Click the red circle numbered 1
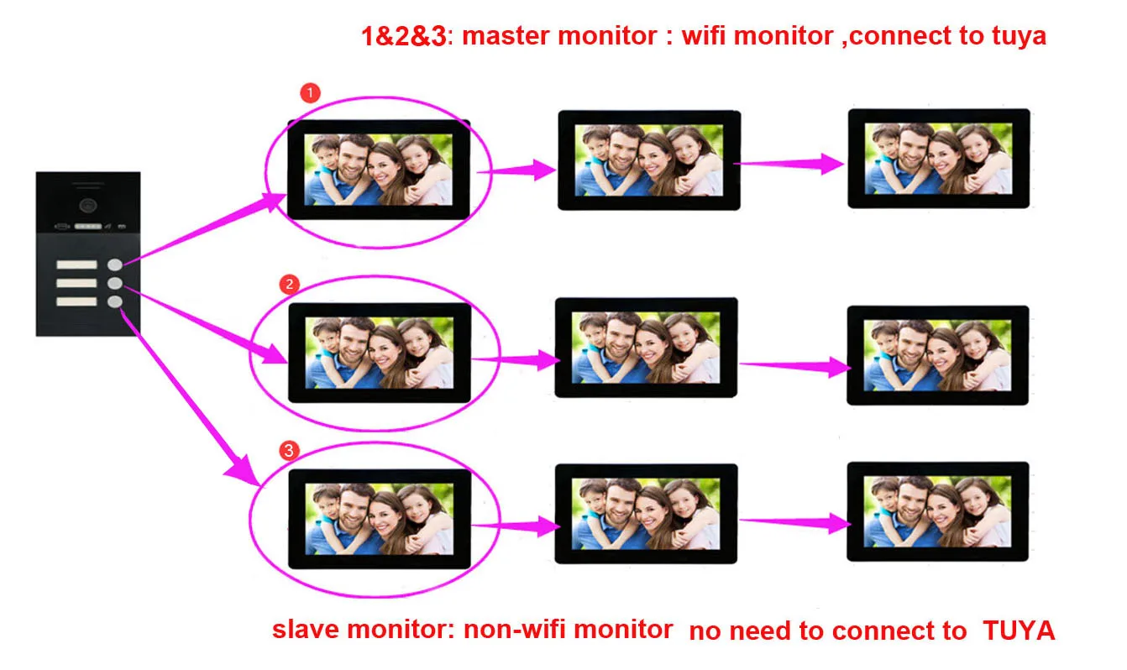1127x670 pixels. (x=310, y=93)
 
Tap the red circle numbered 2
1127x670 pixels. (x=289, y=285)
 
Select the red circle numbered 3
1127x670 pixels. (x=289, y=451)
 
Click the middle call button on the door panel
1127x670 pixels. (x=115, y=284)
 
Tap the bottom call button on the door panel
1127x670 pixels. (x=115, y=302)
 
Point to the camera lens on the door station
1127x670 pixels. (x=87, y=203)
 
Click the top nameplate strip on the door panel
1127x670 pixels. (x=76, y=266)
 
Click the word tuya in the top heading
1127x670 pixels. (x=1015, y=37)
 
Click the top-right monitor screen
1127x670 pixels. (x=937, y=158)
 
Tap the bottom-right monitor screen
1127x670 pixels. (x=937, y=511)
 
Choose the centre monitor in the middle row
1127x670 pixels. (x=646, y=347)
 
